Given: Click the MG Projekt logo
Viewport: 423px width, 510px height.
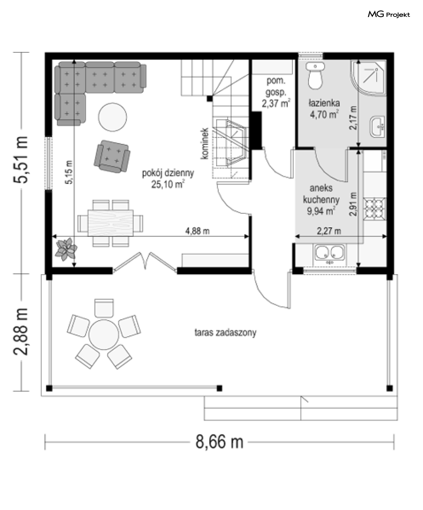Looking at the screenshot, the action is coord(389,15).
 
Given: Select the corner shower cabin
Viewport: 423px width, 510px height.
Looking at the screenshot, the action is coord(368,78).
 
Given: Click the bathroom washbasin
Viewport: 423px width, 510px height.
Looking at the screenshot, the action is coord(377,127).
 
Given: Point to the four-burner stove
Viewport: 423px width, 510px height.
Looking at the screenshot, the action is coord(375,209).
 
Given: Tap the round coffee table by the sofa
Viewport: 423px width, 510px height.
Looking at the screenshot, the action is coord(112,117).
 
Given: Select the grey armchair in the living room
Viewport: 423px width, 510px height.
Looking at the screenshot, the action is coord(112,156).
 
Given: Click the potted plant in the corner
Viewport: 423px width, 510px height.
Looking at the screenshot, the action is coord(66,249).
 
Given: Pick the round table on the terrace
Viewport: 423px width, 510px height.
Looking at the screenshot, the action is coord(104,335).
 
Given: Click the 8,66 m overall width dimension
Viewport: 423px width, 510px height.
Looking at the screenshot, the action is coord(220,442).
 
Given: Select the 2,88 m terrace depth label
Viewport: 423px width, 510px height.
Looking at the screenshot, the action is coord(21,332).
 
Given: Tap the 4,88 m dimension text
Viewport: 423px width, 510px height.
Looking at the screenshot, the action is coord(197,231).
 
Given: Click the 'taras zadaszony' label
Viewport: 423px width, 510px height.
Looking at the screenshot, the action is coord(225,333).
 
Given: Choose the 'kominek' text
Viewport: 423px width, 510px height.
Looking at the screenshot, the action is coord(205,144).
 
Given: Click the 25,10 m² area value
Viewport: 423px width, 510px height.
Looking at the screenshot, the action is coord(168,184).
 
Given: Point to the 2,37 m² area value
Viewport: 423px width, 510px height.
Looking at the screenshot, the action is coord(276,103).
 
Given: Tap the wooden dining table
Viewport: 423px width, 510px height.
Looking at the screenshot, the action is coord(110,223).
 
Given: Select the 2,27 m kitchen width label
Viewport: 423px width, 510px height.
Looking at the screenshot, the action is coord(329,231).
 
